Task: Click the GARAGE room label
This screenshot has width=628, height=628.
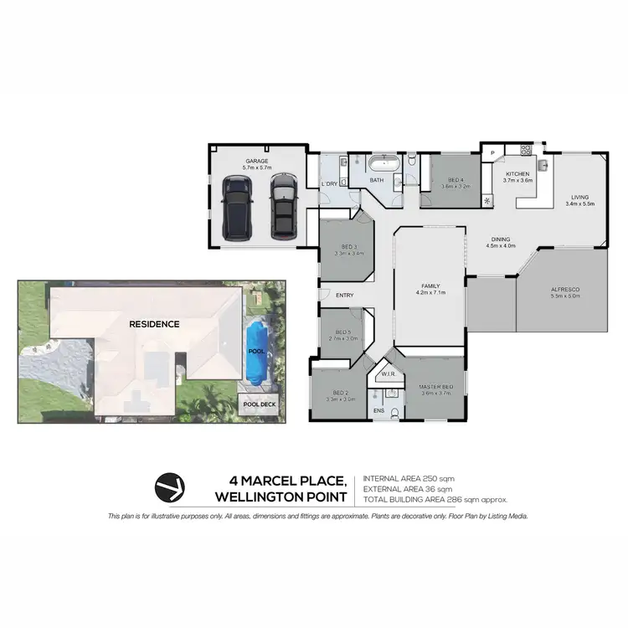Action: click(256, 161)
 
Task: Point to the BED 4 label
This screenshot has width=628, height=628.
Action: click(456, 180)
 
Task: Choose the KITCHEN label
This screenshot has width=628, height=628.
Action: click(517, 174)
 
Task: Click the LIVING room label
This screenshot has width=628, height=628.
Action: click(579, 198)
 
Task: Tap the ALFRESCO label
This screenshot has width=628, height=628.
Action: click(566, 289)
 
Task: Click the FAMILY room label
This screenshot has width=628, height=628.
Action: click(429, 286)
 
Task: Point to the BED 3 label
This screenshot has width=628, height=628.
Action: click(349, 246)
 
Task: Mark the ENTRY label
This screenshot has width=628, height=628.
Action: click(344, 295)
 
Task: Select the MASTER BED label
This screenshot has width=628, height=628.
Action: click(435, 386)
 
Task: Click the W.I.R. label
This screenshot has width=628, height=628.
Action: click(388, 373)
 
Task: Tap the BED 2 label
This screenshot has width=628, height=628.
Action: click(340, 393)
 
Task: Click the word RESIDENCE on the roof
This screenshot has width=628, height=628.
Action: click(153, 322)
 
